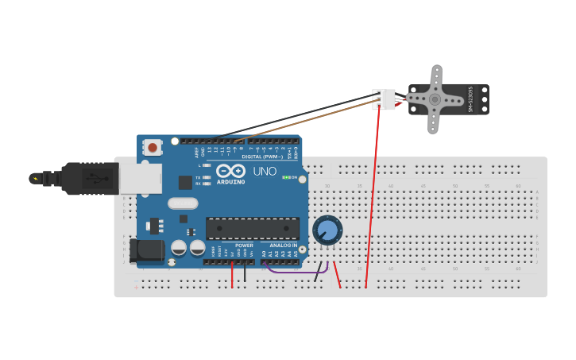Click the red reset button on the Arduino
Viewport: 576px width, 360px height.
tap(153, 147)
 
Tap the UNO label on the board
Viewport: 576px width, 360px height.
tap(265, 171)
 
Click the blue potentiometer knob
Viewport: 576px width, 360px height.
tap(327, 230)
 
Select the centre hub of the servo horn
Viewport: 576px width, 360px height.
tap(435, 99)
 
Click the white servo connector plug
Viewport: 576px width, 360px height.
tap(385, 99)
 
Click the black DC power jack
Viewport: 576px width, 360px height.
tap(146, 250)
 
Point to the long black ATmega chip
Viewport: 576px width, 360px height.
tap(253, 228)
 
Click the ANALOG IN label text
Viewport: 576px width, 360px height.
tap(283, 246)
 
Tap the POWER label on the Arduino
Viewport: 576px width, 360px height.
tap(244, 246)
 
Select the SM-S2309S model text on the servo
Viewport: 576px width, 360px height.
tap(470, 99)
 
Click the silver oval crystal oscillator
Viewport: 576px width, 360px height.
tap(183, 203)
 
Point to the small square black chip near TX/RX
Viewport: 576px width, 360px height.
tap(185, 183)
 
